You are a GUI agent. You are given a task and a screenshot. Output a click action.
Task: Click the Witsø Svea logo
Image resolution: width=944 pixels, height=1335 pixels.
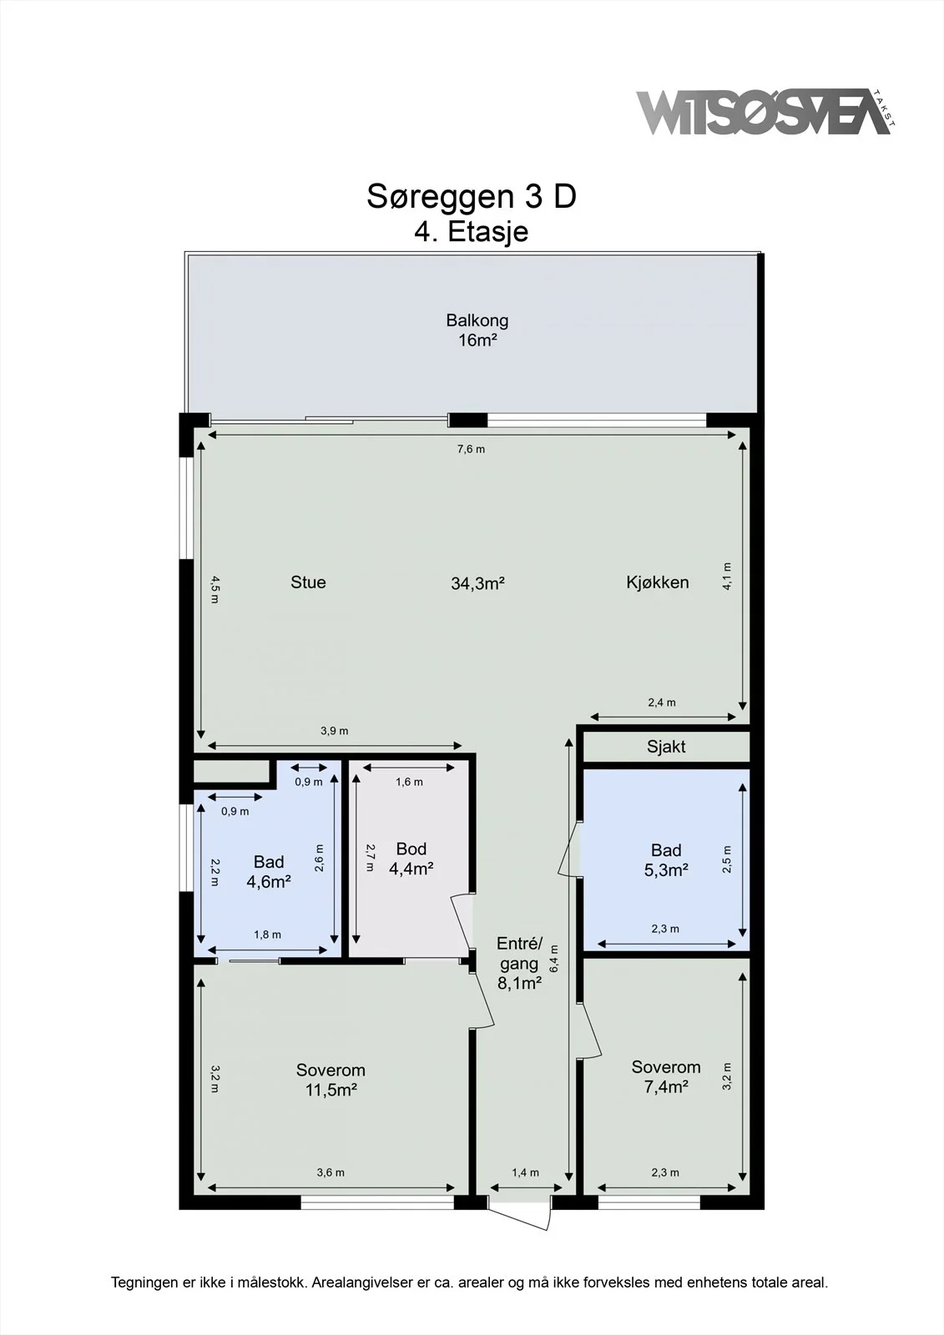pyautogui.click(x=765, y=112)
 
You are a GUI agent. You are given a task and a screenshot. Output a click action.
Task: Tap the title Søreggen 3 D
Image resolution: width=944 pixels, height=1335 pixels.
pyautogui.click(x=471, y=196)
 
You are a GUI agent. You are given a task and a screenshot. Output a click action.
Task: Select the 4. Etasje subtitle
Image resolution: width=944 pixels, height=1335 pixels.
pyautogui.click(x=471, y=232)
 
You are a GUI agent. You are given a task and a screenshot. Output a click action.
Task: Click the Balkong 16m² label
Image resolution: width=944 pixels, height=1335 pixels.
pyautogui.click(x=477, y=330)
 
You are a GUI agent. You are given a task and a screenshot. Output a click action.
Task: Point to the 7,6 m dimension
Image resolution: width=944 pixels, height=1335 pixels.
pyautogui.click(x=471, y=450)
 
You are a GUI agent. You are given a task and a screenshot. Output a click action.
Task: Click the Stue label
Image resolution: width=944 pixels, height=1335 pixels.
pyautogui.click(x=308, y=582)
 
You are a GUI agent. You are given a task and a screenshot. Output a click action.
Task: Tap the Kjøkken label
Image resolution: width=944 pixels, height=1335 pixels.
pyautogui.click(x=657, y=582)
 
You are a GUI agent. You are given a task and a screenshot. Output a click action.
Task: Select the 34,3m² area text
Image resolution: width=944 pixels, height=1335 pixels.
pyautogui.click(x=477, y=583)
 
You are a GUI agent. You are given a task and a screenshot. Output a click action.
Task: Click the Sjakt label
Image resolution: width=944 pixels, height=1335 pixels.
pyautogui.click(x=666, y=747)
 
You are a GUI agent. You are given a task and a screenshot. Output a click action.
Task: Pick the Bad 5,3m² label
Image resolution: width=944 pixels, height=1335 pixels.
pyautogui.click(x=666, y=860)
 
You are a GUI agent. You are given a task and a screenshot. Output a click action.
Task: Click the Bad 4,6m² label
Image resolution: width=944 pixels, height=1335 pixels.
pyautogui.click(x=269, y=871)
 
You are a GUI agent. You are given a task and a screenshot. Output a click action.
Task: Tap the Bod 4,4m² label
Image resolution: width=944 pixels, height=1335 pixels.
pyautogui.click(x=411, y=859)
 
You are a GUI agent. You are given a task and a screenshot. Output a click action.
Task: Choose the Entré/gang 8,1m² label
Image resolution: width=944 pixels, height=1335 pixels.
pyautogui.click(x=519, y=963)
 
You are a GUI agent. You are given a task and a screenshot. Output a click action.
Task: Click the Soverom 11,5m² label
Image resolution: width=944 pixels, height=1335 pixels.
pyautogui.click(x=331, y=1080)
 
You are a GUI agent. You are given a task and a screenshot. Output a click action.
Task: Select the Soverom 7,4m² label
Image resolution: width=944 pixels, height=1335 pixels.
pyautogui.click(x=666, y=1076)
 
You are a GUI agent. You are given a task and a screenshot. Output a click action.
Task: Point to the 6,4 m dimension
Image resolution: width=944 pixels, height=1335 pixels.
pyautogui.click(x=554, y=959)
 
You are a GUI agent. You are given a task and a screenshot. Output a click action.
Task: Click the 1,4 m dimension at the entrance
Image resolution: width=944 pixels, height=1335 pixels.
pyautogui.click(x=525, y=1173)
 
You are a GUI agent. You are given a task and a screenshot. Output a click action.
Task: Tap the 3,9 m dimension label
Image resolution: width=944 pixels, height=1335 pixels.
pyautogui.click(x=334, y=731)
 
